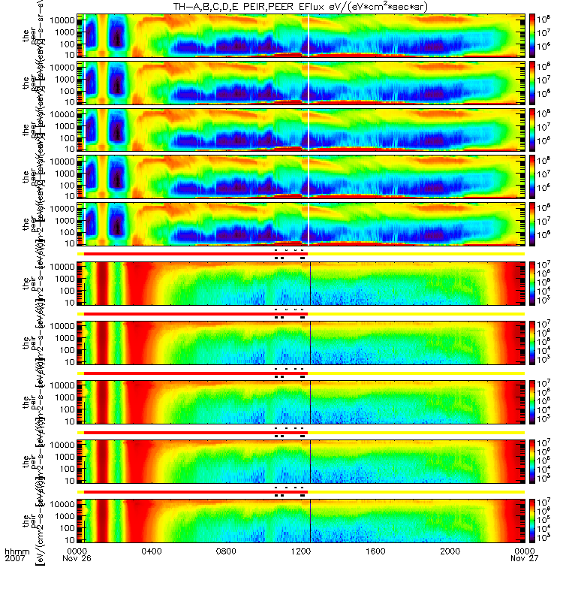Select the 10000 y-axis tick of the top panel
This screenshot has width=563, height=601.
point(62,19)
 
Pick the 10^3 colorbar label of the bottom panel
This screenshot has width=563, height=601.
point(546,558)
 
